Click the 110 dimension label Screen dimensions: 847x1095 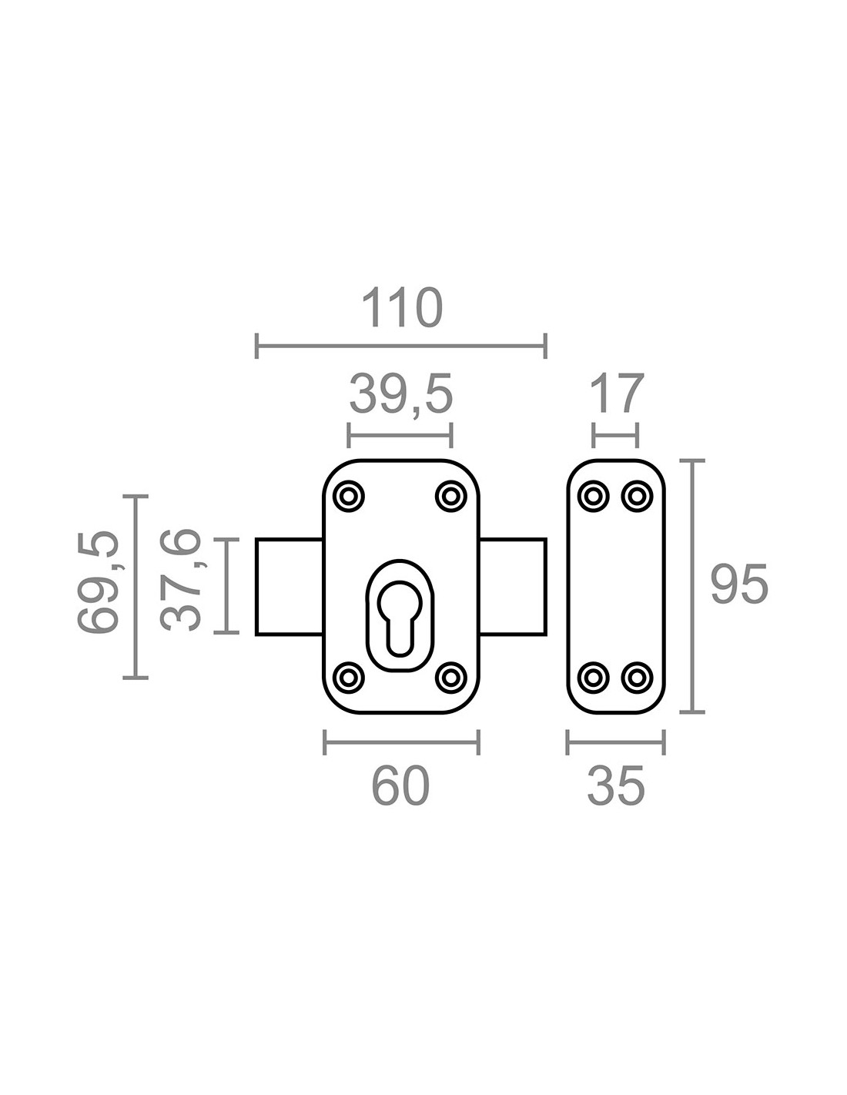[x=402, y=307]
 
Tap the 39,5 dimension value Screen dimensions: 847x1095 [x=400, y=393]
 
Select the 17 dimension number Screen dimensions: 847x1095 [x=617, y=393]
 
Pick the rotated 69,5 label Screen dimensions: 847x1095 [x=99, y=581]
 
